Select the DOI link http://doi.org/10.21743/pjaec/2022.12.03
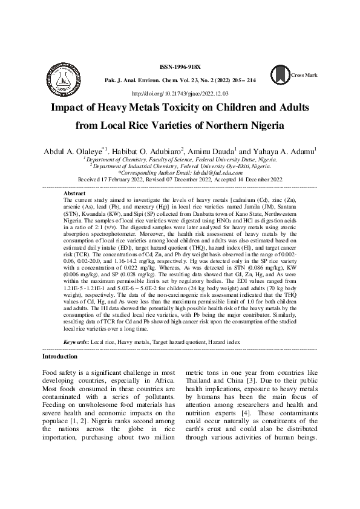pos(179,94)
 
